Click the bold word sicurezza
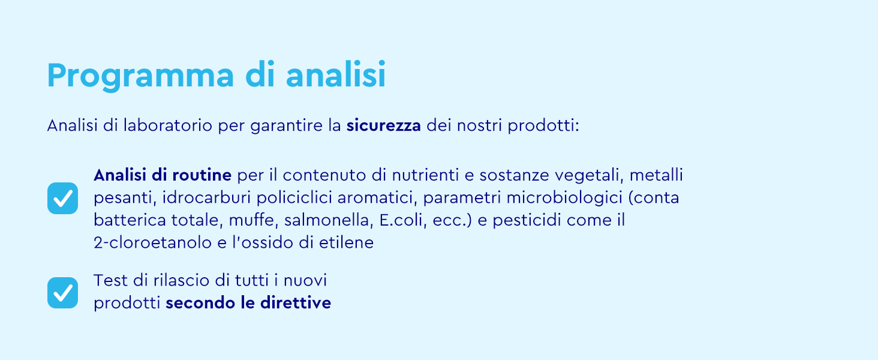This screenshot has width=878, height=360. coord(384,127)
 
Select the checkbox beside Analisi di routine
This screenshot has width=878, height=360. coord(63,198)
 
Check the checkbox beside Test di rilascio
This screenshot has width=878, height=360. coord(63,293)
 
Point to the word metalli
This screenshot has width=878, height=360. coord(657,175)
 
